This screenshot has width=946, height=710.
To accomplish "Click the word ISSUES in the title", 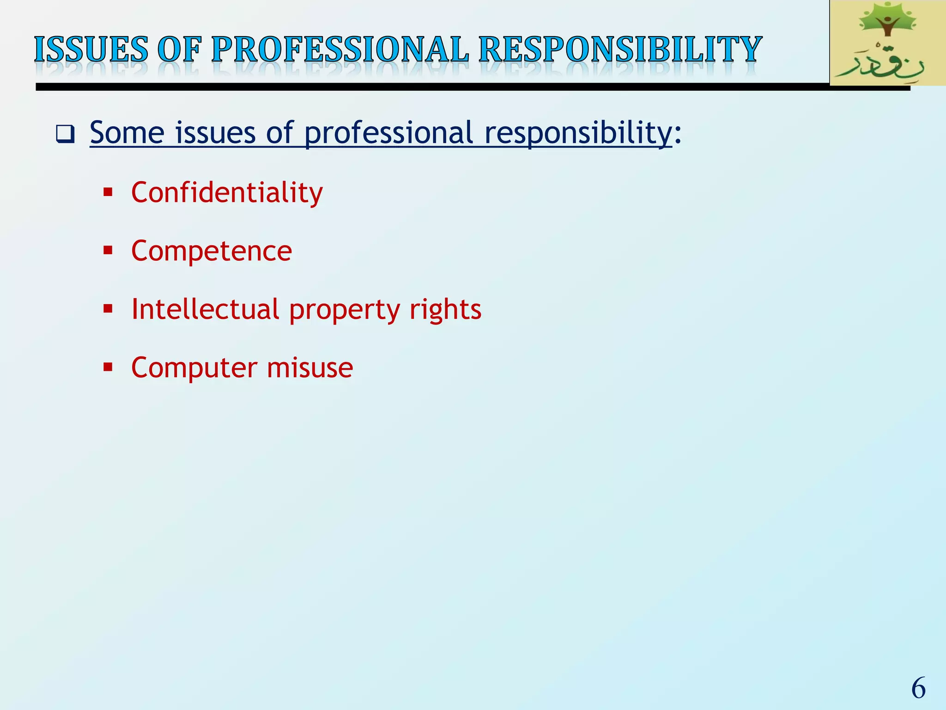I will click(91, 49).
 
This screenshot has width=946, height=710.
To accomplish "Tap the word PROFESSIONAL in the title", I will click(340, 49).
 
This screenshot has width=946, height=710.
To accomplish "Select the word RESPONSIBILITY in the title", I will click(620, 49).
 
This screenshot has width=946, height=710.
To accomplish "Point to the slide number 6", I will click(918, 688).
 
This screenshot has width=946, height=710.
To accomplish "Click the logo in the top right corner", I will click(887, 43).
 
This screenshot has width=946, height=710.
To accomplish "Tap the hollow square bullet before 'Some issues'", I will click(65, 134).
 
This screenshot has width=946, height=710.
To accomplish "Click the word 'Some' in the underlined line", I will click(127, 133).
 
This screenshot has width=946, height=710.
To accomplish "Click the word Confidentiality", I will click(227, 192).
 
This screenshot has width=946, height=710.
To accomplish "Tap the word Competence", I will click(212, 251).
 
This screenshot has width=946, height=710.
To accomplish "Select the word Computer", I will click(194, 368).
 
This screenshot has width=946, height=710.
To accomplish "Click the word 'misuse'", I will click(309, 368).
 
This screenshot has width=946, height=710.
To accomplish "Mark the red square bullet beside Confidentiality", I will click(108, 192).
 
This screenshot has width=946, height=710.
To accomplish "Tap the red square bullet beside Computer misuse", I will click(108, 367).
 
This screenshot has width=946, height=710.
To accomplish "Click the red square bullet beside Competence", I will click(108, 251).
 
